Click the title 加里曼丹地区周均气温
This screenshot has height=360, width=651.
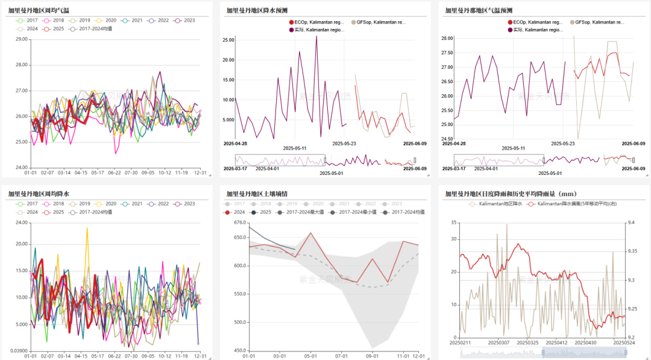click(38, 10)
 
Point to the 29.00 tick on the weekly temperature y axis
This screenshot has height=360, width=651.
click(22, 39)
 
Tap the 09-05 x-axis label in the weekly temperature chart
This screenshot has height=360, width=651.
click(148, 172)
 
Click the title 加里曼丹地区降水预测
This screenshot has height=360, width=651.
click(257, 10)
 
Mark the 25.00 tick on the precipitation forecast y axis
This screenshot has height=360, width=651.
click(228, 40)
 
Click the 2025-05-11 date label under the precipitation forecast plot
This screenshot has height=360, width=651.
click(295, 148)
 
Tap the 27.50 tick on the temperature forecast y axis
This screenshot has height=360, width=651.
click(447, 52)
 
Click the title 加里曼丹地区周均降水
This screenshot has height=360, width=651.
click(38, 194)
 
